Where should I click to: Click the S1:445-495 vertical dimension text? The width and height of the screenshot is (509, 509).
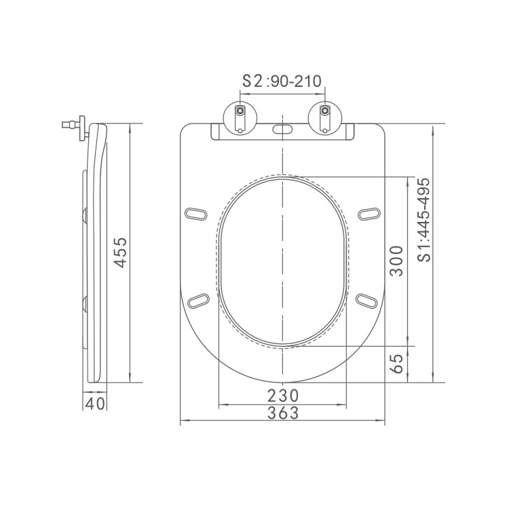tap(424, 219)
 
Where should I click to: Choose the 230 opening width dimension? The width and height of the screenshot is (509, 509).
tap(283, 396)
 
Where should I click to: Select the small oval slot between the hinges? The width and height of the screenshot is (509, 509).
tap(282, 129)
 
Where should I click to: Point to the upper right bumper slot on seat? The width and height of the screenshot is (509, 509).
tap(369, 213)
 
